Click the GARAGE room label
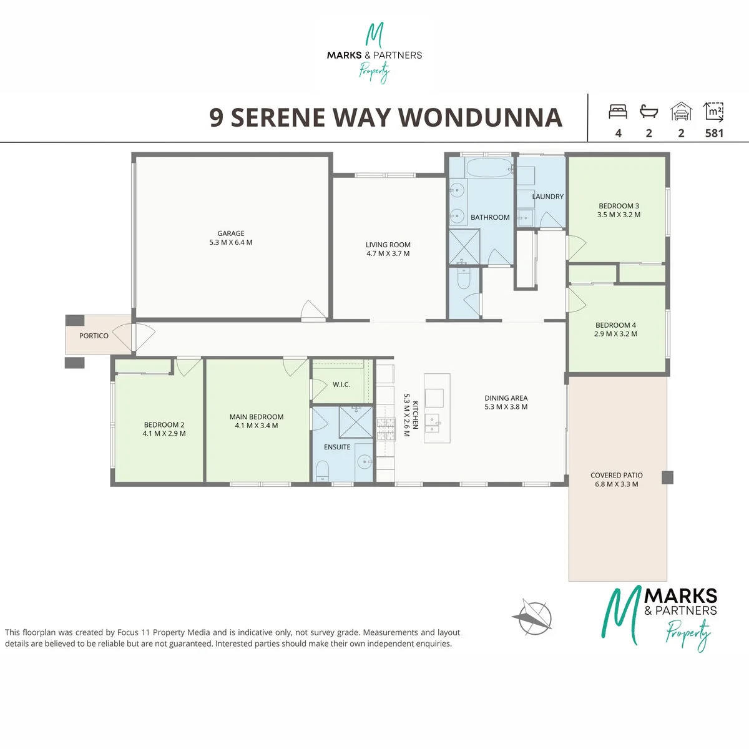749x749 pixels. [x=231, y=233]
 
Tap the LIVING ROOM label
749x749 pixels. [x=388, y=245]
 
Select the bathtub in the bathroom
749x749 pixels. [x=489, y=167]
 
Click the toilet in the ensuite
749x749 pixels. [x=322, y=471]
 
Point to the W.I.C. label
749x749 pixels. [x=341, y=384]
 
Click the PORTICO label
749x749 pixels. [x=94, y=335]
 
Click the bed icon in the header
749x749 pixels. [x=618, y=111]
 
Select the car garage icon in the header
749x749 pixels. [x=681, y=111]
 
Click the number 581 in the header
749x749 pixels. [x=714, y=134]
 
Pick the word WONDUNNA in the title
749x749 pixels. [x=481, y=117]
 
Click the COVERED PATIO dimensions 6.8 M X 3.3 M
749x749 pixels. [x=617, y=484]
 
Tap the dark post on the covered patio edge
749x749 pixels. [x=667, y=477]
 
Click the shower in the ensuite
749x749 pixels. [x=356, y=422]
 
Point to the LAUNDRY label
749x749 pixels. [x=547, y=197]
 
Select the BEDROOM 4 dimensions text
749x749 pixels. [x=615, y=333]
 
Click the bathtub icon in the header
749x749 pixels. [x=649, y=111]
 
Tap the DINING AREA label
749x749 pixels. [x=506, y=398]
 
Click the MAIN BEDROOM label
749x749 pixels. [x=257, y=417]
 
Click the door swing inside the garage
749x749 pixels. [x=313, y=311]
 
